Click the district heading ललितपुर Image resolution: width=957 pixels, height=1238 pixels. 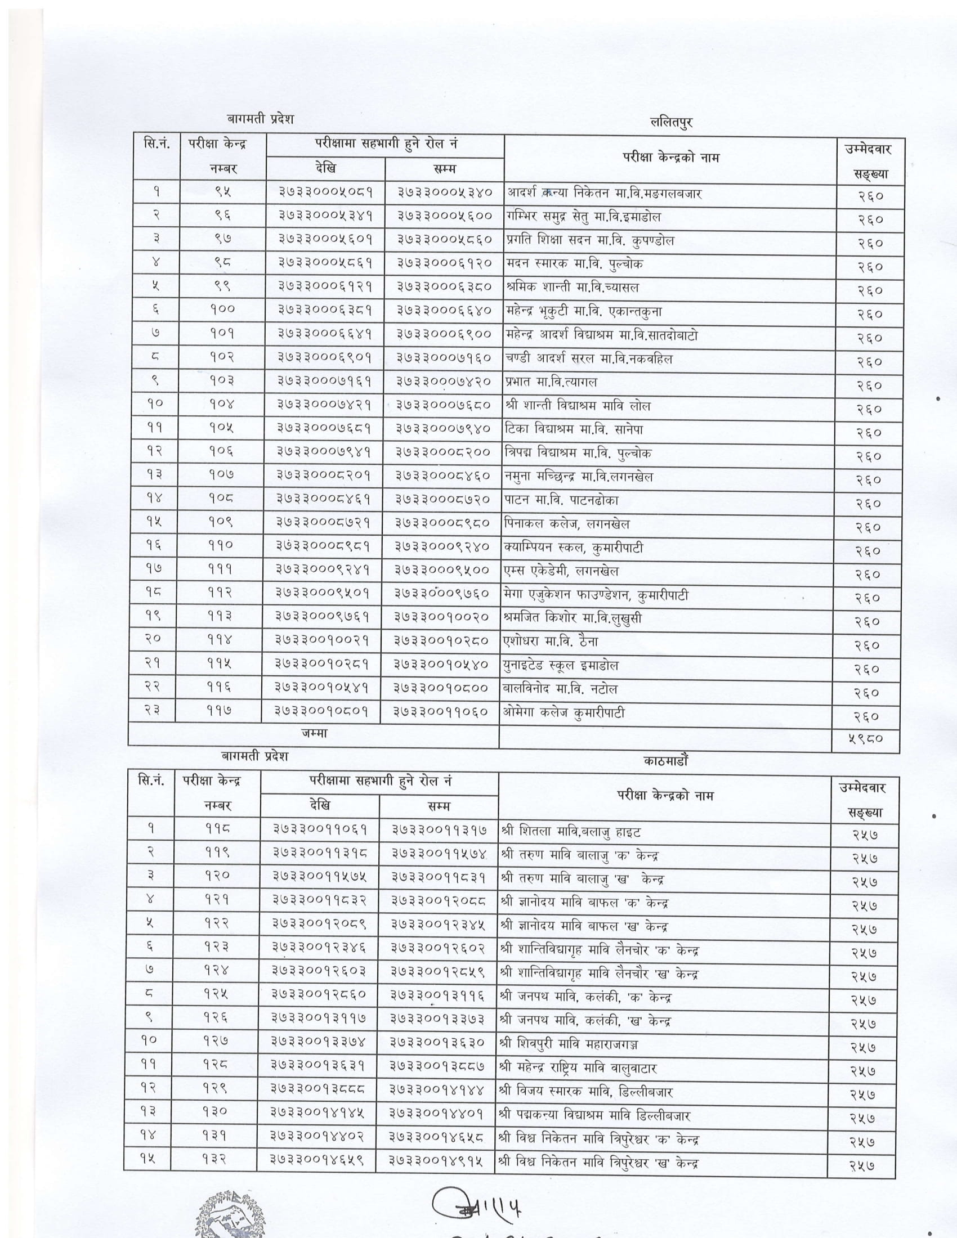coord(672,122)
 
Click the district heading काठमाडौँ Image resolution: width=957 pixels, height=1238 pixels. coord(665,761)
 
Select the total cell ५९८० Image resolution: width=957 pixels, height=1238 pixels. coord(865,739)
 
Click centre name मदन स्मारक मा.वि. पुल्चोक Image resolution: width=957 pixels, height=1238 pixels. coord(575,264)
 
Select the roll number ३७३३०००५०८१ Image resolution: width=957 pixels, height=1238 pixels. coord(325,192)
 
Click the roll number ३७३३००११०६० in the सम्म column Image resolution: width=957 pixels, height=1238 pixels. coord(441,712)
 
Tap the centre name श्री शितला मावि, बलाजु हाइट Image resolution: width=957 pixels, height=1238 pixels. coord(571,832)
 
